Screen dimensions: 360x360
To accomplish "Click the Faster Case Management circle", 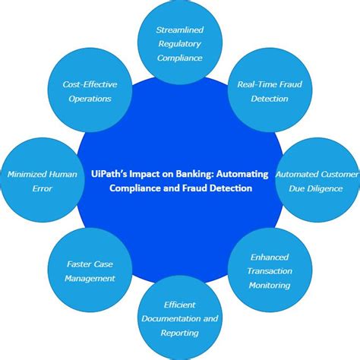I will coord(90,272).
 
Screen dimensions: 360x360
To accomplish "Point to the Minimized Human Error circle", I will coord(42,180).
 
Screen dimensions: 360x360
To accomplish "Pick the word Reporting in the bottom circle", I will coord(180,333).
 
